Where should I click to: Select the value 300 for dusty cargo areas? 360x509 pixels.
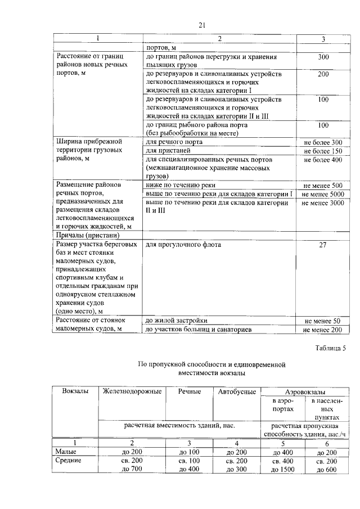[x=323, y=57]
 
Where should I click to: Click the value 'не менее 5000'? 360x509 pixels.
[x=323, y=194]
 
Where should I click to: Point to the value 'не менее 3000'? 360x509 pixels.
[x=323, y=202]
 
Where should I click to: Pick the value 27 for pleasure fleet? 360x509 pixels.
[x=323, y=245]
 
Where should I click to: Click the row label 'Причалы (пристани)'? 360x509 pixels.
[x=87, y=235]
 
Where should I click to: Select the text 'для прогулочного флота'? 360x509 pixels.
[x=183, y=245]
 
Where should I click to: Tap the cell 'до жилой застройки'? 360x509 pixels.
[x=176, y=321]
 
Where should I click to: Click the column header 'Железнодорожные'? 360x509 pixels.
[x=132, y=391]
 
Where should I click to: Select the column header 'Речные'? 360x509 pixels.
[x=190, y=391]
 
